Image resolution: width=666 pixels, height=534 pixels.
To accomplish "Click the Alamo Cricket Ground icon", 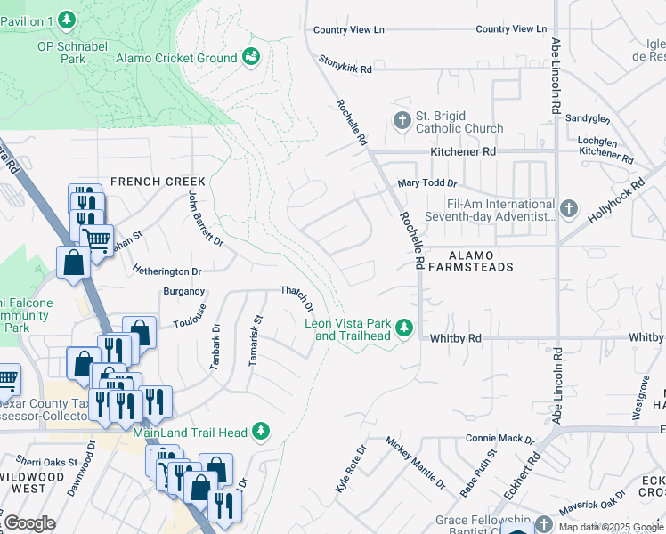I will click(252, 57).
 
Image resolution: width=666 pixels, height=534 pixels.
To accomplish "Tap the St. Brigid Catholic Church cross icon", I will click(402, 120).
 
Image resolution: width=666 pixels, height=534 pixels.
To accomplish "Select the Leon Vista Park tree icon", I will click(404, 329).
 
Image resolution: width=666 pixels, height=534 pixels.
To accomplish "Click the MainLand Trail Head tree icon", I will click(261, 432).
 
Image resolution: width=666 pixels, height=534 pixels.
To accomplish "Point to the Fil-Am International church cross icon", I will click(569, 209).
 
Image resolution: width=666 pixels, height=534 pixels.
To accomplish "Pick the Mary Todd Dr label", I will click(426, 183).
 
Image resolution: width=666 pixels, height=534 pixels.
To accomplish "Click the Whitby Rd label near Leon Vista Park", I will click(455, 338).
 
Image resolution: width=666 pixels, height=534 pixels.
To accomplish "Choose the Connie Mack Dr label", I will click(499, 439).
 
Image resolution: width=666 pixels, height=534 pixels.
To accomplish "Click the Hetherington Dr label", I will click(167, 271).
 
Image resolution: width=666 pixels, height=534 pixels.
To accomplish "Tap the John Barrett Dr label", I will click(205, 218).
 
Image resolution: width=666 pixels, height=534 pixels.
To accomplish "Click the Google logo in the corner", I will click(29, 522).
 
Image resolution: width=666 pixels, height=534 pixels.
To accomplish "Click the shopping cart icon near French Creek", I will click(96, 239).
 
